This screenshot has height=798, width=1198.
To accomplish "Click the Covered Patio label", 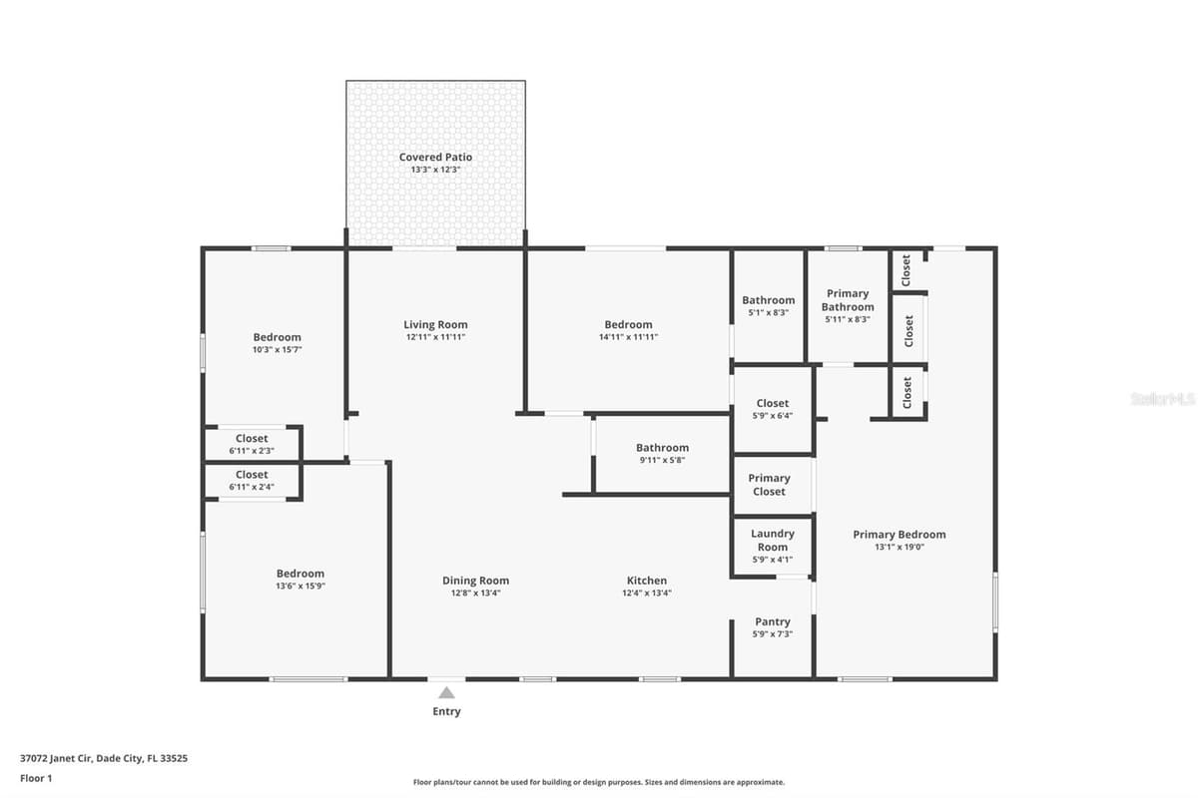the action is point(435,158).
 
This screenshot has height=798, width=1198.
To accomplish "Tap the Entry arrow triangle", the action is point(446,693).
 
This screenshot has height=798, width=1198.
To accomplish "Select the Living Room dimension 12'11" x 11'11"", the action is point(435,337).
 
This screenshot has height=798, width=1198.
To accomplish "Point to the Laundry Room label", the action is point(773,541).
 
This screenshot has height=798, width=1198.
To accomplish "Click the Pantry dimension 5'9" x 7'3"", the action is point(773,634).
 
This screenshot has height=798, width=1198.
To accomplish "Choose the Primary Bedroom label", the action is point(899,535).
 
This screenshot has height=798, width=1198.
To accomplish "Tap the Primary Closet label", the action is point(769,485).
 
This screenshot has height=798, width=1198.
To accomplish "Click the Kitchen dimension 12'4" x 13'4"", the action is point(647,593).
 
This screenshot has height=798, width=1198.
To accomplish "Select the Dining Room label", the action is point(475,581).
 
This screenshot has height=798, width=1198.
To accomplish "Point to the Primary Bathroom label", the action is point(848,300).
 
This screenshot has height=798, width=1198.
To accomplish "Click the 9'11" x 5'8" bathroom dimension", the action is point(662,460).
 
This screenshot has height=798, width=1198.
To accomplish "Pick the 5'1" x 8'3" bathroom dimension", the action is point(768,312).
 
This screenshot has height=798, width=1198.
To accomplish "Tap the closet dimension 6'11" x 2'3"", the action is point(252,451).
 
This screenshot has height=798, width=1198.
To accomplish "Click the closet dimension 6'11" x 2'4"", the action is point(252,487).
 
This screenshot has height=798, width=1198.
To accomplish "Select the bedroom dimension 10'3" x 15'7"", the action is point(278,350).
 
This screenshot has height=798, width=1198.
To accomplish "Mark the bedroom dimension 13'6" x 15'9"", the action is point(300,586).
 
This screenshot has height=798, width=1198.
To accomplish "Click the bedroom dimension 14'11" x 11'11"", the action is point(628,337).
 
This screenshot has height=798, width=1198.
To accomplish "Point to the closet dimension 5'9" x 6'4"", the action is point(773,416).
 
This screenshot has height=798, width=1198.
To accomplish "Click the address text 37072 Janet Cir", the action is point(56,758).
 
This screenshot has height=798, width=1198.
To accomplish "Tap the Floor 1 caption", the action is point(36,778).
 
